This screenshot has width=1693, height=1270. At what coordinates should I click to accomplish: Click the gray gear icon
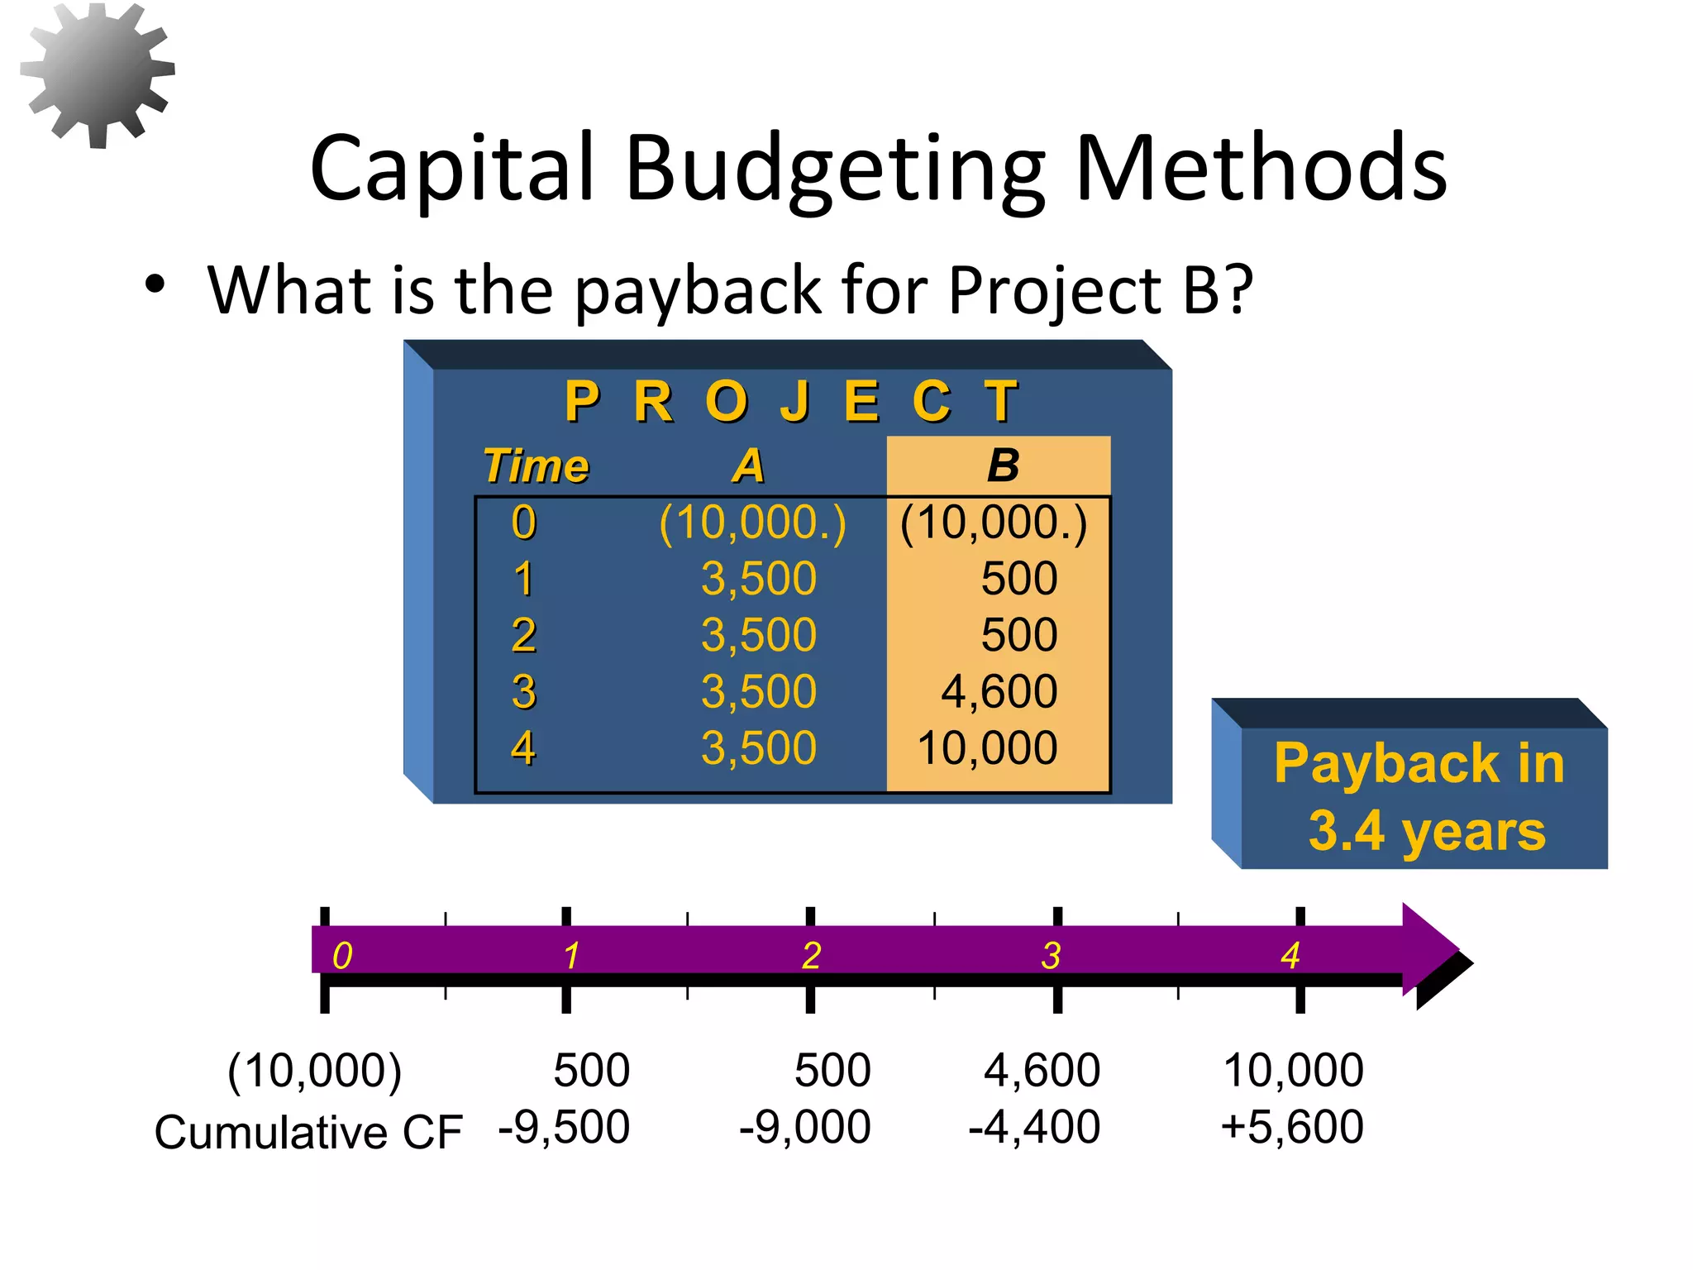[x=98, y=74]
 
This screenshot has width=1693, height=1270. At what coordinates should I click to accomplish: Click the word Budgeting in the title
[x=836, y=169]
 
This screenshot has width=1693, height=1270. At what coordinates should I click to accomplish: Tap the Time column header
[x=536, y=466]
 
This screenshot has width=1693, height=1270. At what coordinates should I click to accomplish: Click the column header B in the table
[x=1003, y=466]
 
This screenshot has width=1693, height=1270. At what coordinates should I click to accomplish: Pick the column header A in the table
[x=749, y=466]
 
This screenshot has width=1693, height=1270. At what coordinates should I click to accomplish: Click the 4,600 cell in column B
[x=999, y=691]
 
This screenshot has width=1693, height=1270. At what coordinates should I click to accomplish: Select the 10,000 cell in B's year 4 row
[x=987, y=748]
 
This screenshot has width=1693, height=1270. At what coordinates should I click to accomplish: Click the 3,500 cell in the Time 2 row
[x=758, y=635]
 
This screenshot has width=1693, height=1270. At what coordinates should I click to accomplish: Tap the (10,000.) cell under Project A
[x=752, y=523]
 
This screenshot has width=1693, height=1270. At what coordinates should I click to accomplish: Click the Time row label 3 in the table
[x=523, y=691]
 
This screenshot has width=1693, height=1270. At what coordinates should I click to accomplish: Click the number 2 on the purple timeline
[x=811, y=956]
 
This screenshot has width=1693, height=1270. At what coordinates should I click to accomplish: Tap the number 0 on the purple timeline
[x=341, y=956]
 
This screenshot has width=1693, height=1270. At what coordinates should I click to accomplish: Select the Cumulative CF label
[x=308, y=1132]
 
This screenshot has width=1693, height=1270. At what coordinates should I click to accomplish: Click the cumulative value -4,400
[x=1034, y=1127]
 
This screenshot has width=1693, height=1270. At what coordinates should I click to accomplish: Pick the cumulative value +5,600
[x=1291, y=1127]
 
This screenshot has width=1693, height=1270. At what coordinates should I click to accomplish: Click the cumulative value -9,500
[x=564, y=1127]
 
